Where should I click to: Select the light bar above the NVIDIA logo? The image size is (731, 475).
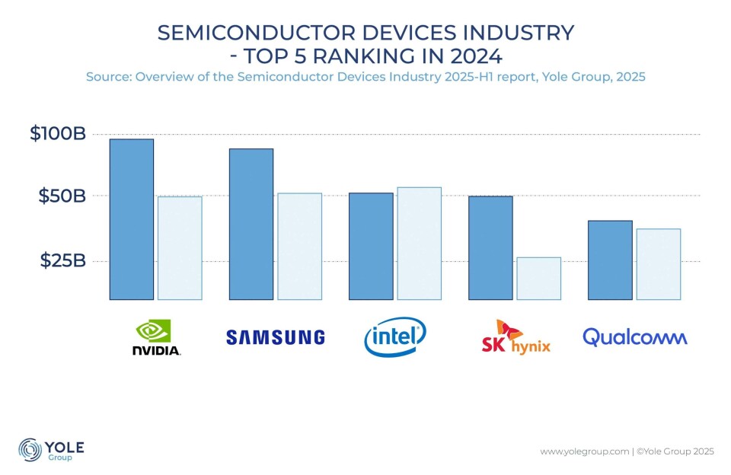(x=180, y=247)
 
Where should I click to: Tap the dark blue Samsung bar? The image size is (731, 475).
(x=251, y=224)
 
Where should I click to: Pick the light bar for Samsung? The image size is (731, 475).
(x=300, y=246)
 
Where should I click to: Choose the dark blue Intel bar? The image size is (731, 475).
(x=371, y=246)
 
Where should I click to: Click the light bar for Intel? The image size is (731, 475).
(x=420, y=243)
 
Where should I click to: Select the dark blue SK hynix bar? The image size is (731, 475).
(x=490, y=247)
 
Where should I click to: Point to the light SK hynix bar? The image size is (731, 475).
(x=539, y=278)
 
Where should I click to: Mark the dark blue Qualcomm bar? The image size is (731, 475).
(x=610, y=260)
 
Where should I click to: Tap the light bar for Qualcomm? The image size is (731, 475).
(x=659, y=263)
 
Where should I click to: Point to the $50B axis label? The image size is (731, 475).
(x=62, y=196)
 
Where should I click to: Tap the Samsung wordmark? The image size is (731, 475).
(x=276, y=337)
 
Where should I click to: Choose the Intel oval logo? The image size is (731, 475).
(x=395, y=338)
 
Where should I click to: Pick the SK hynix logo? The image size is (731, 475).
(x=516, y=337)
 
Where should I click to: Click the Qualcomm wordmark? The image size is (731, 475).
(x=635, y=337)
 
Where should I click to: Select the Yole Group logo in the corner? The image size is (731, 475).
(x=51, y=449)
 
